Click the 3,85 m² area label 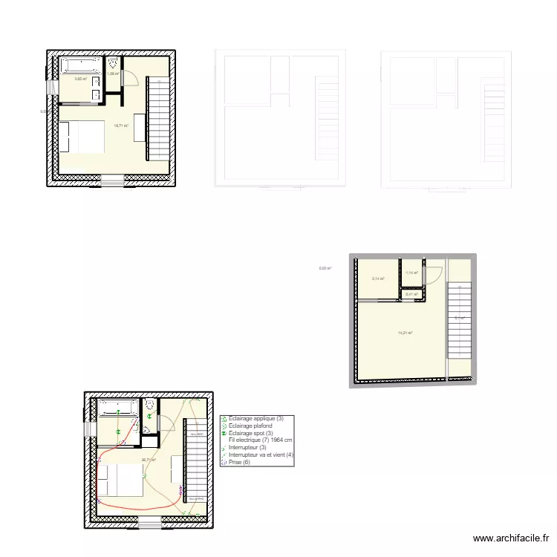point(80,78)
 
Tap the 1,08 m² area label point(113,74)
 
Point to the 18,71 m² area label point(120,126)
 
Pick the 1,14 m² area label point(411,273)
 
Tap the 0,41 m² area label point(411,295)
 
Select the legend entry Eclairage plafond point(250,426)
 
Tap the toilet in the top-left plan point(113,62)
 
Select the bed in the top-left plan point(82,137)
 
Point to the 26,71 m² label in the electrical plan point(149,460)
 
